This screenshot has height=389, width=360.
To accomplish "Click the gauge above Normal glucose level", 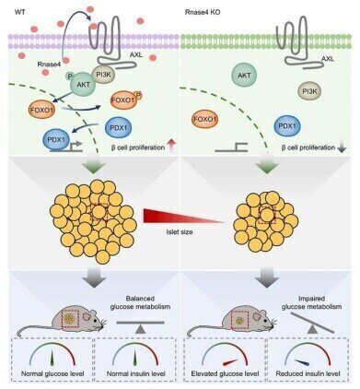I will pyautogui.click(x=52, y=360).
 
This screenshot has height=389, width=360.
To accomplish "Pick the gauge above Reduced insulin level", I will pyautogui.click(x=307, y=360).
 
